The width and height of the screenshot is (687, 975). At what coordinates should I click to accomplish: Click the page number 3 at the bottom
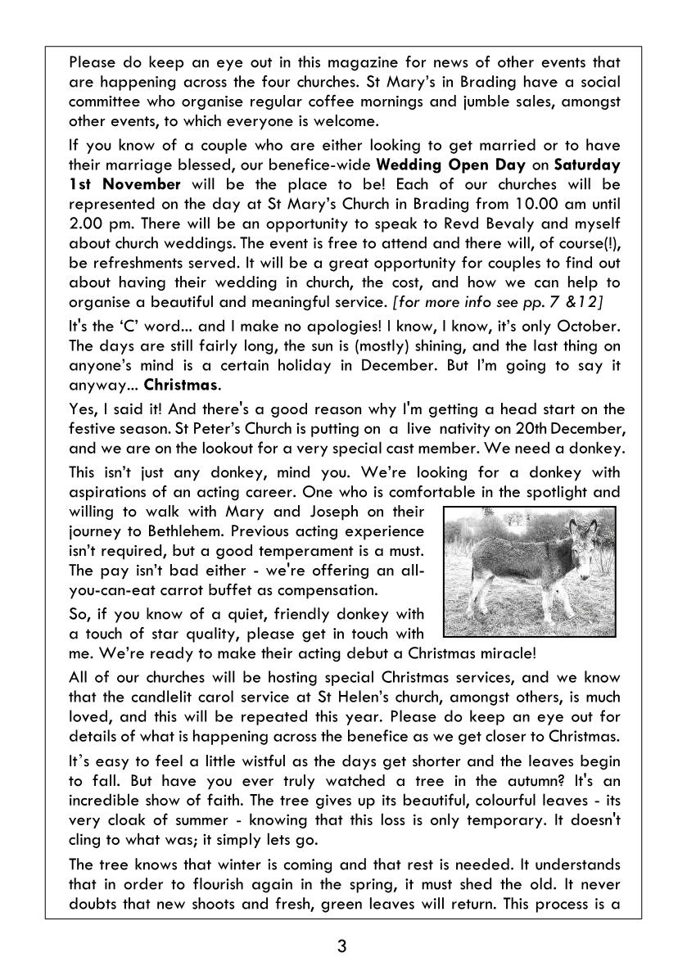tap(341, 947)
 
